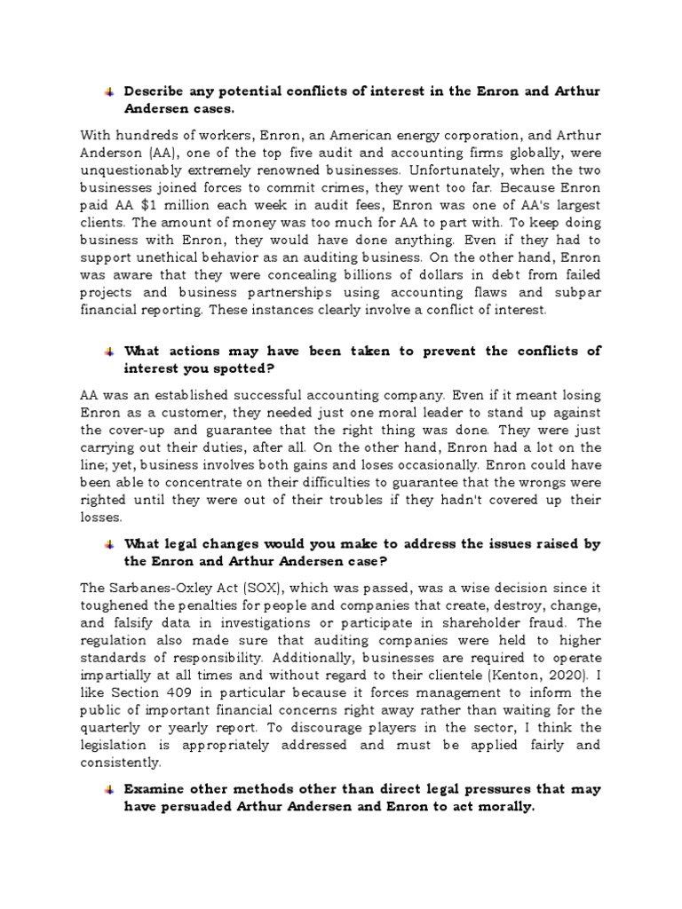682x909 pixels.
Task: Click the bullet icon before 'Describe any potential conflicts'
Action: click(x=107, y=91)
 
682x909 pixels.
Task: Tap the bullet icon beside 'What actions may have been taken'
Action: click(x=107, y=351)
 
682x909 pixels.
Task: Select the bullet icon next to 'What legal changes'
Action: click(x=107, y=544)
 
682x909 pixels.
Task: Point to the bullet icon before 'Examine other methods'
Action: click(x=107, y=787)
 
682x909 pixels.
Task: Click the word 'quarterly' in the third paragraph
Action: click(x=115, y=726)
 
